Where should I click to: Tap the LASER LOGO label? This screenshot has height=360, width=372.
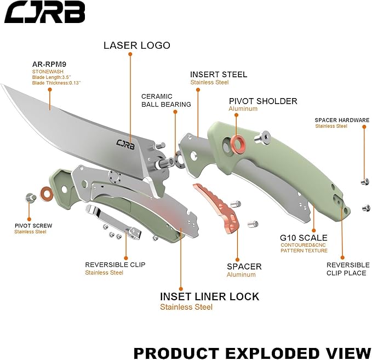pos(137,45)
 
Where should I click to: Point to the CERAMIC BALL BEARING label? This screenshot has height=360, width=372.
pos(166,100)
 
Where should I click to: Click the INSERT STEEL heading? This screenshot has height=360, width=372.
pos(219,75)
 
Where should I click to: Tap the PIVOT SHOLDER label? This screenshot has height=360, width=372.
pos(263,101)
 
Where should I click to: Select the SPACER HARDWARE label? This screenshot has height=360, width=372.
pos(341,120)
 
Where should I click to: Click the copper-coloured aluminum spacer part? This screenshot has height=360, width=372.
pos(219,205)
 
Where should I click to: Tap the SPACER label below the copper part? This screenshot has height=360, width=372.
pos(244,266)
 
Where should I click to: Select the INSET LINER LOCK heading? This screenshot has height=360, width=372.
pos(209,296)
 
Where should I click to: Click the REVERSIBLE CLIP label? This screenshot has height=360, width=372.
pos(115,264)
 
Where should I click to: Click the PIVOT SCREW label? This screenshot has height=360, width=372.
pos(33,225)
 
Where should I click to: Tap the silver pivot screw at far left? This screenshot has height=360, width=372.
pos(30,197)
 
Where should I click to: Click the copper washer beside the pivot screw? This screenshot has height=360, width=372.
pos(45,193)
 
